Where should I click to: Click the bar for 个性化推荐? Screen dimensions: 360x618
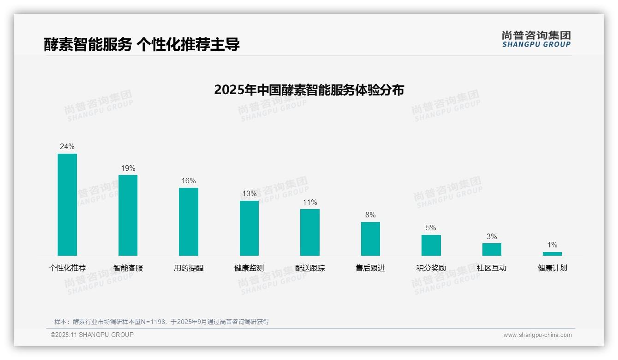coord(67,204)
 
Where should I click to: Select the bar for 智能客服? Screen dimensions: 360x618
coord(128,215)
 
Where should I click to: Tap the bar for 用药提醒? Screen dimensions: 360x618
coord(189,222)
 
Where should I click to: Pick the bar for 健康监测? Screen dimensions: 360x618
coord(249,228)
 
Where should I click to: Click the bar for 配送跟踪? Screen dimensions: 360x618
coord(310,232)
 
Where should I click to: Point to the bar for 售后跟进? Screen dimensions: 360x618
coord(370,239)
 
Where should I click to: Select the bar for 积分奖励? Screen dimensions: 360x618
coord(431,245)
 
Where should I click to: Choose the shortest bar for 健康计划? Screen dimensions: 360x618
coord(552,253)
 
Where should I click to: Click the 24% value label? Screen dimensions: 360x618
coord(67,147)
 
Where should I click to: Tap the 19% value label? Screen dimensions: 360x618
coord(128,168)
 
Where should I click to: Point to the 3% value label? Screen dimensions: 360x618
coord(492,237)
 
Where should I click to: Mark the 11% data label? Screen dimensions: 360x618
coord(310,203)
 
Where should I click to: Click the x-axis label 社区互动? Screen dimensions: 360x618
coord(492,268)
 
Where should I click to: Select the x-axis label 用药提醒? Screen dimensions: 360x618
coord(189,268)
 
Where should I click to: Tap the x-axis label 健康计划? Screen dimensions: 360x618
coord(552,268)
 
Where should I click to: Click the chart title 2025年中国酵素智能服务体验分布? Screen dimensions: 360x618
coord(309,90)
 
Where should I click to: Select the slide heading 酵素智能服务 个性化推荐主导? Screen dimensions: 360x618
coord(142,45)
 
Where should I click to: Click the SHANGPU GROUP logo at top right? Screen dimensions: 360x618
coord(536,39)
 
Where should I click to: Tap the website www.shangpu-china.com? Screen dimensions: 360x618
coord(537,335)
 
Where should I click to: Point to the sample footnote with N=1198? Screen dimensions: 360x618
coord(161,322)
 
